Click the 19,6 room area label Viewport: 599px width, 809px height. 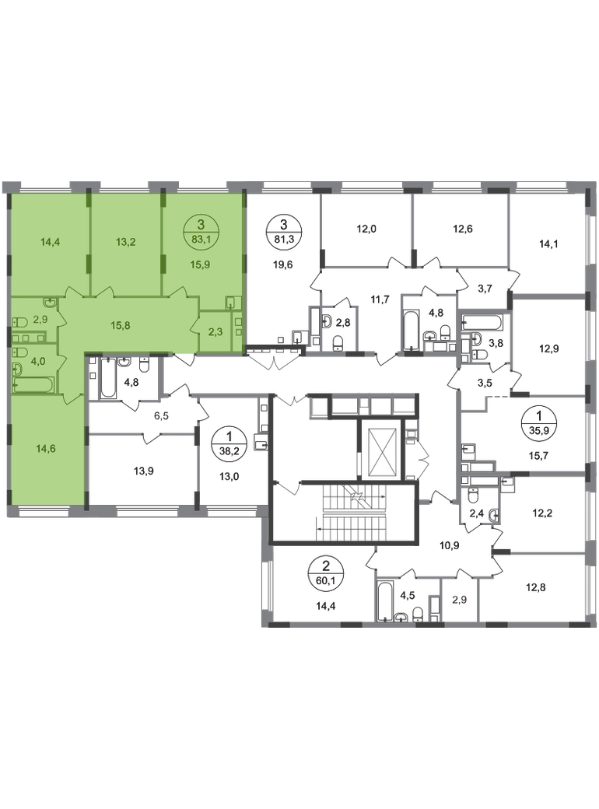[x=283, y=264]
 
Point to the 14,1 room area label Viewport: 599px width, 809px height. [x=548, y=244]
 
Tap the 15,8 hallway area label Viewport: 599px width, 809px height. [x=121, y=326]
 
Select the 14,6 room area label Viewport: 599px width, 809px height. [x=46, y=448]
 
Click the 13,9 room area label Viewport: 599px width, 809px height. [x=144, y=471]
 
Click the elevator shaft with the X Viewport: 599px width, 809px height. [x=380, y=449]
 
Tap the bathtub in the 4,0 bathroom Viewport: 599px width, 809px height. [x=33, y=384]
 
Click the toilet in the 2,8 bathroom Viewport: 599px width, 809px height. [x=338, y=342]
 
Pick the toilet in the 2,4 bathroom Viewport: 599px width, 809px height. [x=473, y=497]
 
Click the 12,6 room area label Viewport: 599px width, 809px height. [x=462, y=229]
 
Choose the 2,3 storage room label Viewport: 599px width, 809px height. [x=216, y=331]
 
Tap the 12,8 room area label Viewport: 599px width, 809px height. [x=535, y=587]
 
